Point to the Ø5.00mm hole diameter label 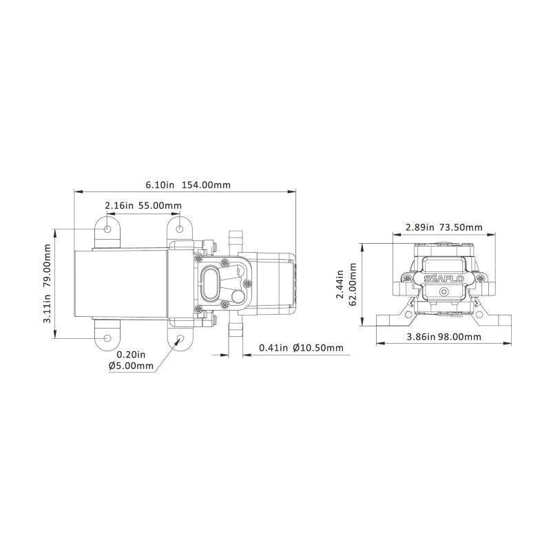pos(131,366)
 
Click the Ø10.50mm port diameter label pos(318,348)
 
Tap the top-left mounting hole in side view pos(109,228)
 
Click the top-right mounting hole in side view pos(180,228)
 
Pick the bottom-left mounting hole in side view pos(109,338)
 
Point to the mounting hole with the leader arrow pos(180,338)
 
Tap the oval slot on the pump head pos(212,283)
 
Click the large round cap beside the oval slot pos(238,298)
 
